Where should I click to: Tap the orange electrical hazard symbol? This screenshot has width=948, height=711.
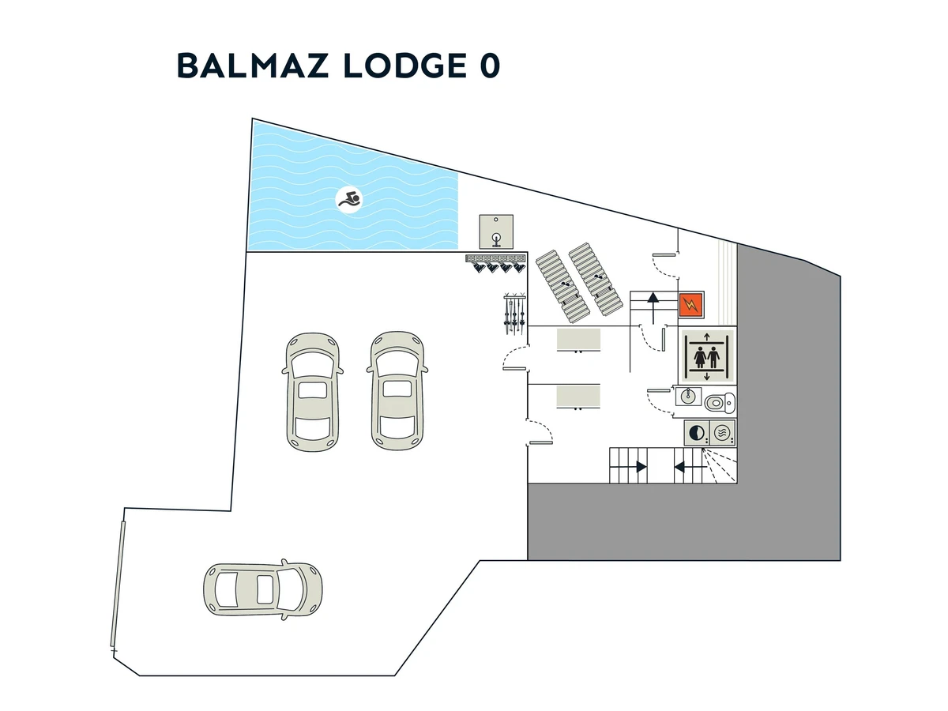click(690, 303)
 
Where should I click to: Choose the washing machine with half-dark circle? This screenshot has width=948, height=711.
click(697, 433)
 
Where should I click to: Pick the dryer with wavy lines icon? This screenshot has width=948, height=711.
click(723, 433)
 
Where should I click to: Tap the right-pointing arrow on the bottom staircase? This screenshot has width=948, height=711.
click(639, 467)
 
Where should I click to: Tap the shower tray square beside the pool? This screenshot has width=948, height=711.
click(496, 230)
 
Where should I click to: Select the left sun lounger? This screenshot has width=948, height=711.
click(561, 280)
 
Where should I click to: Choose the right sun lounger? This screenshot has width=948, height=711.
click(597, 279)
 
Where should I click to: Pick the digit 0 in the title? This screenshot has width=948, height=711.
click(488, 66)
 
